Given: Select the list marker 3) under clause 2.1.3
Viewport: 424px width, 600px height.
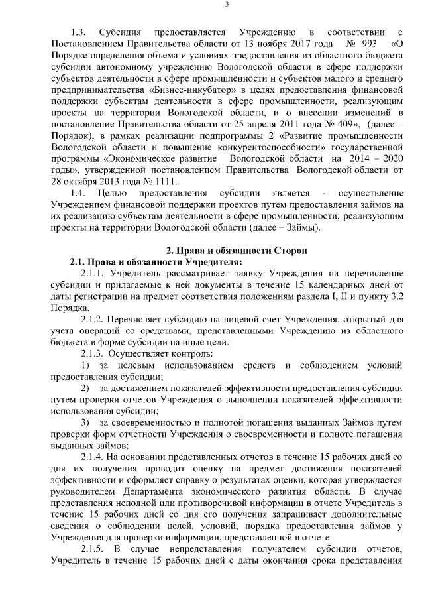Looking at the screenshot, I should tap(85, 422).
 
